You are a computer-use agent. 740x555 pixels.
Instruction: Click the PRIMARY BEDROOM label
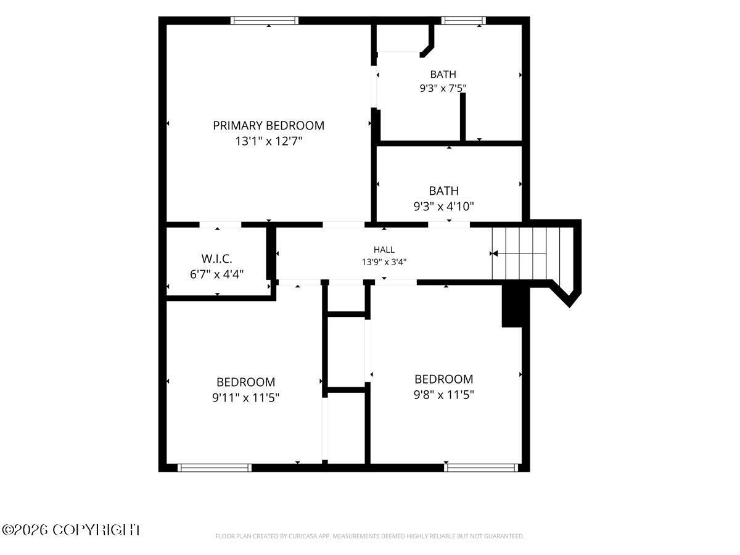[x=268, y=126]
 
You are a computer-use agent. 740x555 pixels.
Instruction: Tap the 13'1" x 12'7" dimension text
[x=268, y=141]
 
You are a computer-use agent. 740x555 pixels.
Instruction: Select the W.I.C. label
[x=217, y=259]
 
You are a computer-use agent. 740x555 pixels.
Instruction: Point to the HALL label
[x=384, y=250]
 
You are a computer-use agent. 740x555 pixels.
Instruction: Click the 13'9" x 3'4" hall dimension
[x=384, y=262]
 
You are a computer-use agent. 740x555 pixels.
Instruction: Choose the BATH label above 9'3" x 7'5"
[x=443, y=74]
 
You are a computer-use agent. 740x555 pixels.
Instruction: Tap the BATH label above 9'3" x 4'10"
[x=443, y=191]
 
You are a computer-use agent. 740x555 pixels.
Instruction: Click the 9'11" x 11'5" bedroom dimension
[x=246, y=398]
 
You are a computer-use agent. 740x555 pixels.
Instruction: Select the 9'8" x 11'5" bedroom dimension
[x=443, y=395]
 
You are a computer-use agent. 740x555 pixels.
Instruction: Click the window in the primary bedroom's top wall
[x=265, y=20]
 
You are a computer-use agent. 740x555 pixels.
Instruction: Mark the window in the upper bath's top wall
[x=464, y=20]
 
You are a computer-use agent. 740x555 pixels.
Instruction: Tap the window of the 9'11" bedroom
[x=215, y=467]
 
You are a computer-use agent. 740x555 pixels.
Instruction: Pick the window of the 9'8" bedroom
[x=481, y=467]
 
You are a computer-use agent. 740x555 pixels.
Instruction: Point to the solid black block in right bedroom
[x=512, y=306]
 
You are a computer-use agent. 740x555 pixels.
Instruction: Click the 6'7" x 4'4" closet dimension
[x=217, y=274]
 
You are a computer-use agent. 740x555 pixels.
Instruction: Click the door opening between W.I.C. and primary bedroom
[x=221, y=224]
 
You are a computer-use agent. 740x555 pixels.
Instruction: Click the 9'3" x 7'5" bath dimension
[x=443, y=88]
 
